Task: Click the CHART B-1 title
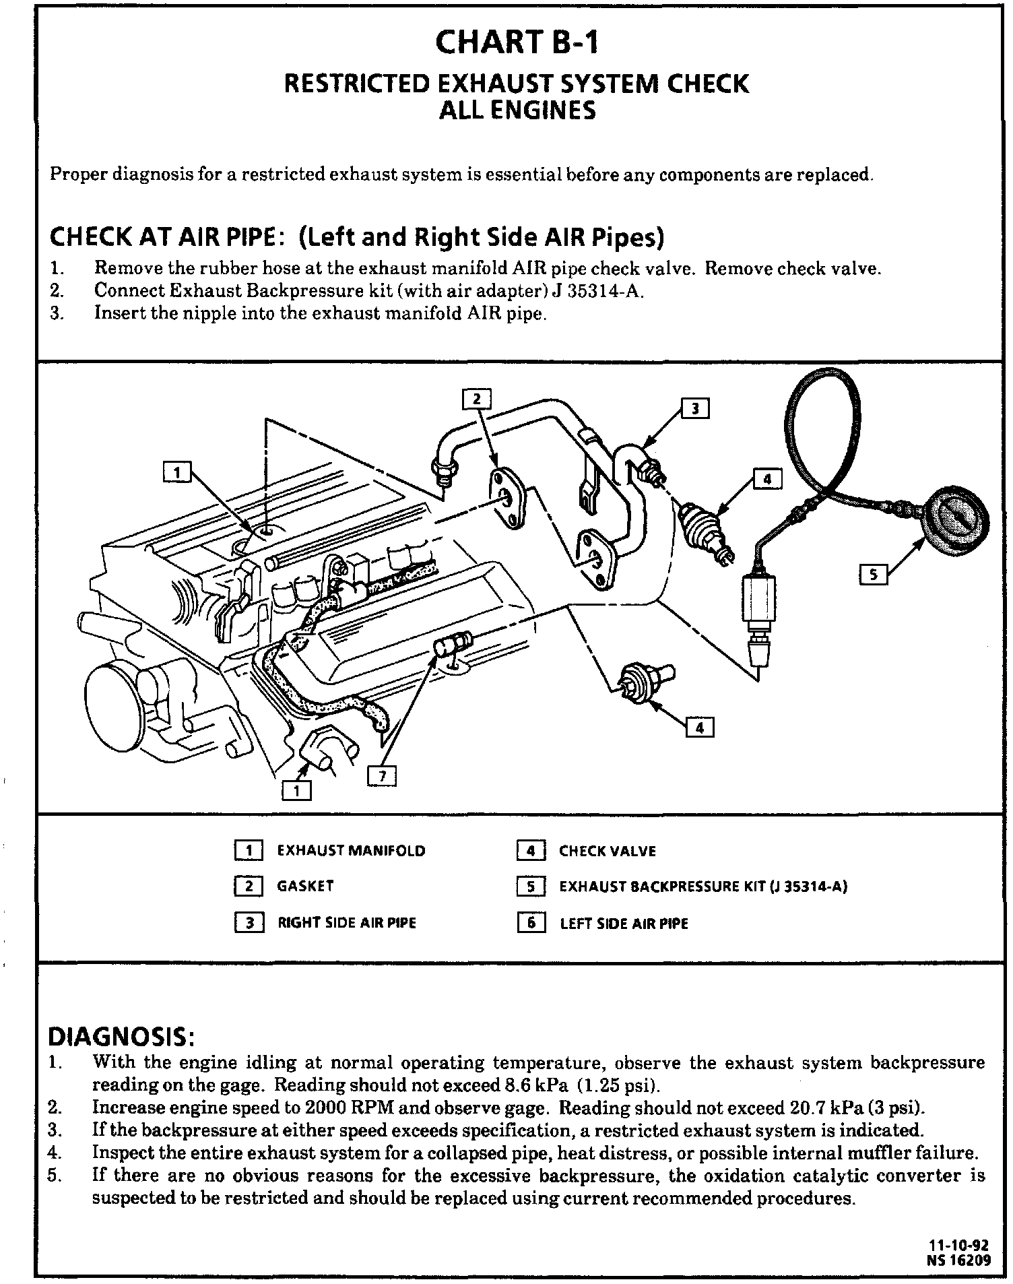point(517,42)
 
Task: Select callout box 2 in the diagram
point(477,399)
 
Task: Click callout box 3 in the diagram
point(696,409)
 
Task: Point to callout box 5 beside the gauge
point(874,575)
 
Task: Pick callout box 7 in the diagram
point(383,777)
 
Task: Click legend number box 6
point(531,922)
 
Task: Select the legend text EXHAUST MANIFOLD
point(351,851)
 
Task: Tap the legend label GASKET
point(305,886)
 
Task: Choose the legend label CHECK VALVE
point(607,851)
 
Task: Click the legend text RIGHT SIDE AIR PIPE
point(347,922)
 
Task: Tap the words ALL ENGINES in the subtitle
point(517,110)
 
